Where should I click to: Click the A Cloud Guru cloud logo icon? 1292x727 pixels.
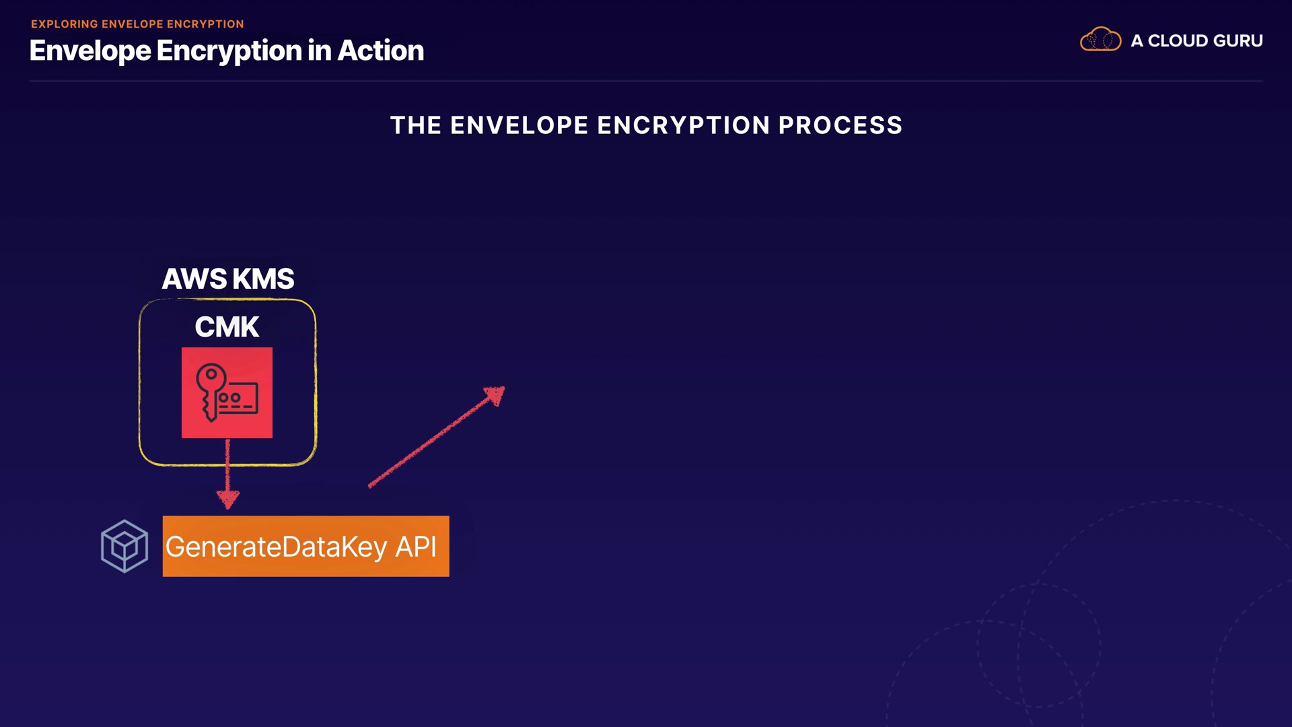point(1100,40)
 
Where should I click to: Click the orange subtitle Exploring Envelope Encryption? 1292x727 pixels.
point(137,24)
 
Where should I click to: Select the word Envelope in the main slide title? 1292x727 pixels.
point(90,51)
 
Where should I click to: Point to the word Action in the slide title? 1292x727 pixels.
point(381,51)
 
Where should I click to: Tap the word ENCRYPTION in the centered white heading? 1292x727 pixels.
point(683,125)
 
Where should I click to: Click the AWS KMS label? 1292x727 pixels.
point(227,279)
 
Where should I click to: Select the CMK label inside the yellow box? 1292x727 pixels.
point(227,327)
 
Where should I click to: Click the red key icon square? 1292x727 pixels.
point(227,393)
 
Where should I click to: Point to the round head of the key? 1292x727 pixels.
point(211,375)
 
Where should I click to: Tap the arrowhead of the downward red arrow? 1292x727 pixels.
point(228,499)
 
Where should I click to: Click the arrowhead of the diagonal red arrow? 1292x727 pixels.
point(496,395)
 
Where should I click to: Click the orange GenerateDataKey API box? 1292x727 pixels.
point(306,546)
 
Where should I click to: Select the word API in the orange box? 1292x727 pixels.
point(415,547)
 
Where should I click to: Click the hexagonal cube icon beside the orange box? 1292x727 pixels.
point(124,546)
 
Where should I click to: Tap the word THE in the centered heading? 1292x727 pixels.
point(415,125)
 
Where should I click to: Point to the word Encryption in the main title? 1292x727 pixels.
point(229,51)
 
